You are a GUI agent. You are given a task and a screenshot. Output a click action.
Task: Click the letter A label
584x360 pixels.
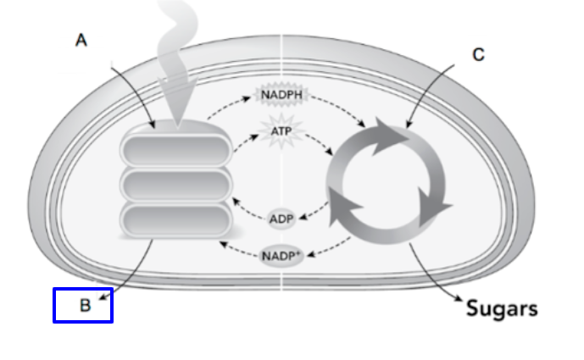coord(81,40)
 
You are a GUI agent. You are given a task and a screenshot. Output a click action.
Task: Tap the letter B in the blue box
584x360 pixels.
coord(85,306)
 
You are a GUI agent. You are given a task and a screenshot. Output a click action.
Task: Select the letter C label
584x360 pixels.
coord(479,55)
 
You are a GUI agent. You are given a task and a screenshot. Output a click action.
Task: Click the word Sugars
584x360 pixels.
coord(502,307)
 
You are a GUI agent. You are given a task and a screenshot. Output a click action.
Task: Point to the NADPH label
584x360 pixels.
coord(281,95)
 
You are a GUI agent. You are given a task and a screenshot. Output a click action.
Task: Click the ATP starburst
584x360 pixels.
coord(281,132)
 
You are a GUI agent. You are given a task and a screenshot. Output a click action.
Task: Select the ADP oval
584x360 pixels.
coord(281,219)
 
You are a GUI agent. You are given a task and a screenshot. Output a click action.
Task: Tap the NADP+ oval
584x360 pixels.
coord(281,254)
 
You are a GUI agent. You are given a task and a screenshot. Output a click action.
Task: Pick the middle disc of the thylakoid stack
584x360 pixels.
coord(176,184)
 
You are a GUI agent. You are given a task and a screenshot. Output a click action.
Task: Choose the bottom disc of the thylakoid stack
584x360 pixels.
coord(176,219)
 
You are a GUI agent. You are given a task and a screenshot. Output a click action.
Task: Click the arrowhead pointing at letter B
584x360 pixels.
coord(103,295)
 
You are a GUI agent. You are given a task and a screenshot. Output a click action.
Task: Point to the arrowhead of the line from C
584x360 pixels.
coord(408,127)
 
